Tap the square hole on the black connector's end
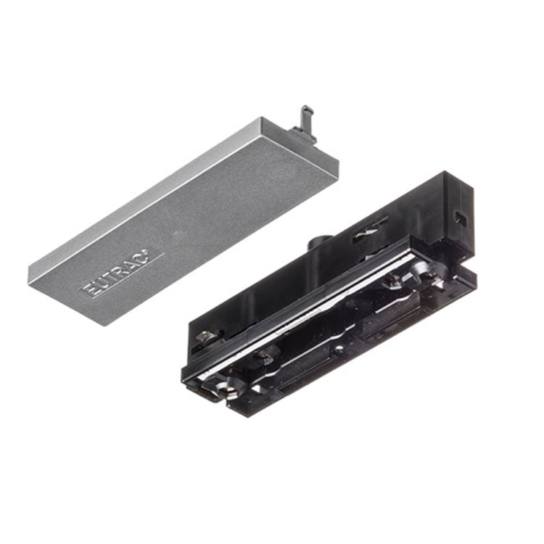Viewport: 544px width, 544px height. (458, 215)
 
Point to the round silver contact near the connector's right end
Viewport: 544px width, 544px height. (421, 270)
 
